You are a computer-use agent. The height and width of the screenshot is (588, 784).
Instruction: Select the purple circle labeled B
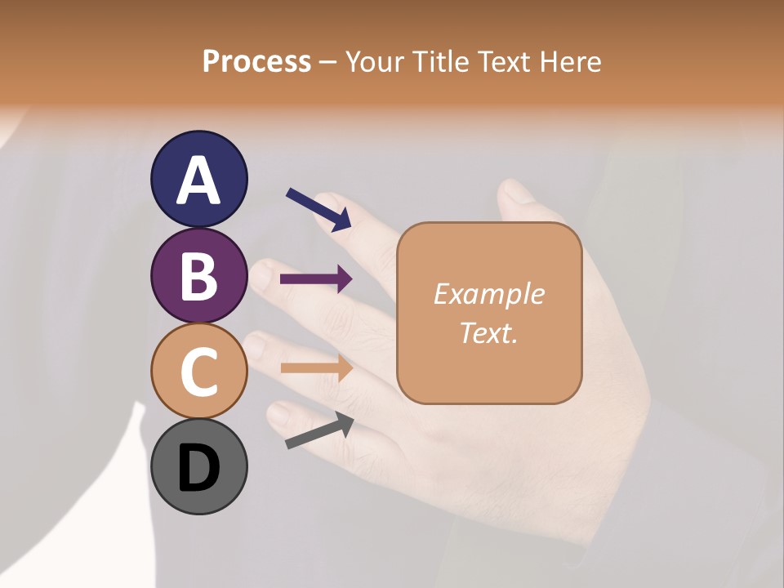[x=199, y=275]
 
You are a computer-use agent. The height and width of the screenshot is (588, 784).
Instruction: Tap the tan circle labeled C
[x=199, y=371]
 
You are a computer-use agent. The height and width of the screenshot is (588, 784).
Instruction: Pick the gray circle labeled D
[x=199, y=466]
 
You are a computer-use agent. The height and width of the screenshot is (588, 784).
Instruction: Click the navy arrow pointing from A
[x=318, y=209]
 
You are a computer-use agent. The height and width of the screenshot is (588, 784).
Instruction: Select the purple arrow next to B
[x=316, y=279]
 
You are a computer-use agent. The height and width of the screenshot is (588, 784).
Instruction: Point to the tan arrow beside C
[x=316, y=368]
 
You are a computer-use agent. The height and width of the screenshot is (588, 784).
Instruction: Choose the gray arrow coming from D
[x=319, y=430]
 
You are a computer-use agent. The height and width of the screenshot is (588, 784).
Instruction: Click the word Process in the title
[x=256, y=61]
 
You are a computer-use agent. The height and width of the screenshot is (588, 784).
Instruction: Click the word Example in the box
[x=488, y=294]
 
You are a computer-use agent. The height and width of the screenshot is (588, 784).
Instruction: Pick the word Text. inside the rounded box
[x=488, y=332]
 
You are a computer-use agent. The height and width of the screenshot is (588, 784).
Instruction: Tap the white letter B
[x=199, y=275]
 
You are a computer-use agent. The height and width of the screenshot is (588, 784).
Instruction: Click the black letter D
[x=199, y=468]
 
